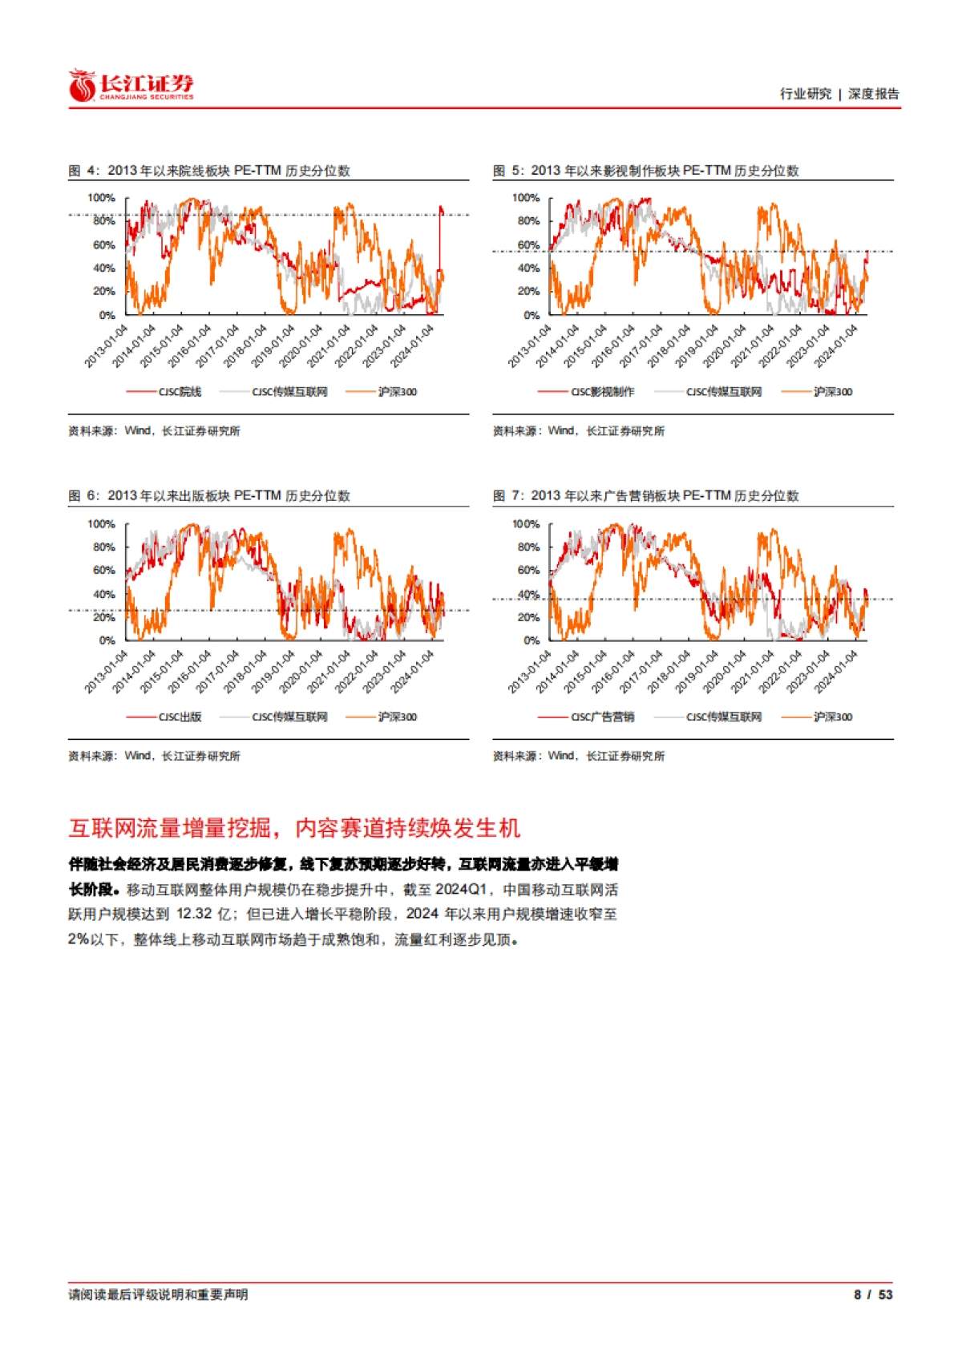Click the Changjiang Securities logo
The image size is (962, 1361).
click(x=131, y=86)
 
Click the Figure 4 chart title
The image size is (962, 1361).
click(x=209, y=171)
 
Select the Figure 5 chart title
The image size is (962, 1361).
click(x=645, y=171)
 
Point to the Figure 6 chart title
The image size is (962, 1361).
click(x=209, y=496)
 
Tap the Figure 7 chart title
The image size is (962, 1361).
click(x=645, y=496)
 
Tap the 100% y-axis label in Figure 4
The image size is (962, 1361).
click(x=101, y=198)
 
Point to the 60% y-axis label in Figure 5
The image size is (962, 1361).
click(x=528, y=245)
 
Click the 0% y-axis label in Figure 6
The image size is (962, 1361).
click(x=107, y=640)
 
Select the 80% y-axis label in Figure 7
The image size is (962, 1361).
click(x=528, y=547)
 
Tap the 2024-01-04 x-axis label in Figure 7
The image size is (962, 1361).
click(x=837, y=672)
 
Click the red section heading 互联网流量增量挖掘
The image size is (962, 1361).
click(x=294, y=828)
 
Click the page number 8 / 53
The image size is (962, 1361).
click(x=873, y=1295)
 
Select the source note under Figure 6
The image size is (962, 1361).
click(x=154, y=756)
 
